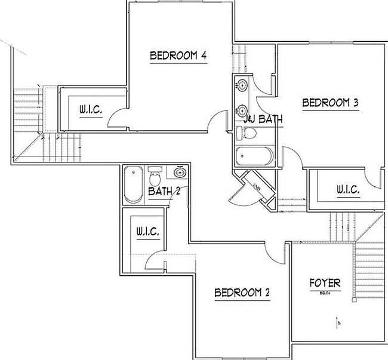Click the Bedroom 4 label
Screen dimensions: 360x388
[178, 56]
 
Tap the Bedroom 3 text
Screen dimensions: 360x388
[330, 103]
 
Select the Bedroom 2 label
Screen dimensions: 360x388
[242, 293]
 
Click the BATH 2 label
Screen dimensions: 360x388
[164, 191]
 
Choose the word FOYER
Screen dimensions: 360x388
[325, 282]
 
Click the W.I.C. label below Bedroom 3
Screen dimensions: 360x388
[347, 190]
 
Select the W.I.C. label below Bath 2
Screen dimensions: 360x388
[147, 231]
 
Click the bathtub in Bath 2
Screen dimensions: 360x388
[131, 185]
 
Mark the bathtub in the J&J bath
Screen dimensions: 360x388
[254, 156]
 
